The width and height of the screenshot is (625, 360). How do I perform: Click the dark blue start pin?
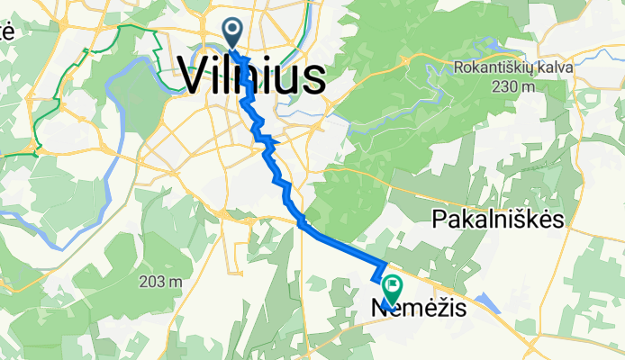[x=232, y=33]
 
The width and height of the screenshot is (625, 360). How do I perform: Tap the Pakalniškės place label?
[x=498, y=220]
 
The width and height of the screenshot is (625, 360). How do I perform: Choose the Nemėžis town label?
[x=419, y=309]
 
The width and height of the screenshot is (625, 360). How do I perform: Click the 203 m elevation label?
[x=161, y=283]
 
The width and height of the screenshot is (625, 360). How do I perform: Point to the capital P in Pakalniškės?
[x=440, y=220]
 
